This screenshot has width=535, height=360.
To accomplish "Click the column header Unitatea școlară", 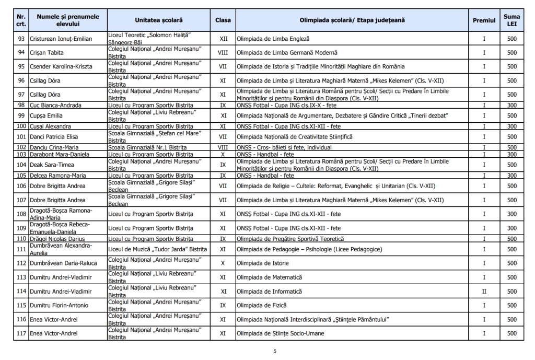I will click(159, 20).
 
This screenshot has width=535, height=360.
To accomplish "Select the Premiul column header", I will click(484, 20).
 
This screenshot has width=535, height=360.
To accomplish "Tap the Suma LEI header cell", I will click(511, 20).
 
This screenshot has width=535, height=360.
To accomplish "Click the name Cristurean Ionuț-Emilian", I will click(61, 39).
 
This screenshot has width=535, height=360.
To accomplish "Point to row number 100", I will click(21, 126).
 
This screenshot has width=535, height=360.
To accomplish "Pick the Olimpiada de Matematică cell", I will click(269, 277).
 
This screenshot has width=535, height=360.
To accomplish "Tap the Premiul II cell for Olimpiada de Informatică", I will click(484, 292).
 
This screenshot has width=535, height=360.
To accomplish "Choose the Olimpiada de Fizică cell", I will click(261, 305).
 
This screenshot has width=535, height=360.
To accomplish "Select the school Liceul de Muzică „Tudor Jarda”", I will click(158, 249).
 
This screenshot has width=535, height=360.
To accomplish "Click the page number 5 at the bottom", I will click(275, 351).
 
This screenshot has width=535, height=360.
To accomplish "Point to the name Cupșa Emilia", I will click(46, 116).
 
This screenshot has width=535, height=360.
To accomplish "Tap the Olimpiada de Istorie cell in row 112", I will click(262, 263).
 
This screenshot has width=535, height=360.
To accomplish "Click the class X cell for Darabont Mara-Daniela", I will click(223, 155).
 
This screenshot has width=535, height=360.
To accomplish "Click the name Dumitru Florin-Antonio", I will click(59, 305).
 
